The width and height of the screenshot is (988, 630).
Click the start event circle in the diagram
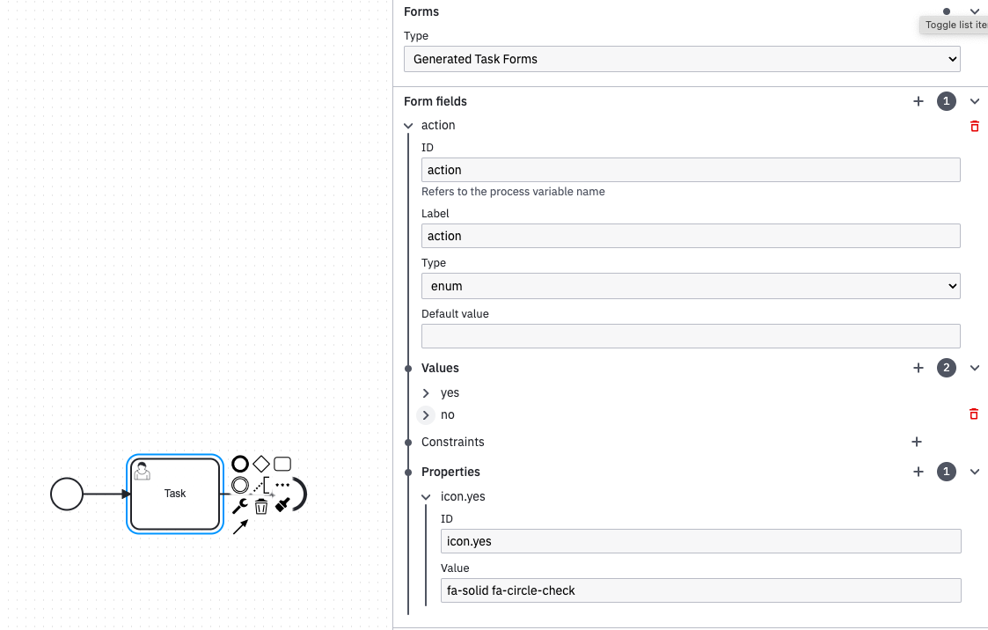tap(66, 494)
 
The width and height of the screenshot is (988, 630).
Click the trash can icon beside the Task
tap(261, 506)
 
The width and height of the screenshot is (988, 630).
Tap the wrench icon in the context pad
tap(239, 506)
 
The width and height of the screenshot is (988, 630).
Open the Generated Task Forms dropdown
tap(682, 59)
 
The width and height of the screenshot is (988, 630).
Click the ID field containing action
tap(691, 170)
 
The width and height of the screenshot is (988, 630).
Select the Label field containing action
tap(691, 236)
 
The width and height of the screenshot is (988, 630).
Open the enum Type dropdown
tap(691, 286)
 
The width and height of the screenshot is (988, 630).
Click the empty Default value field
tap(691, 336)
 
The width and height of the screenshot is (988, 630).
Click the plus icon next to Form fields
tap(918, 101)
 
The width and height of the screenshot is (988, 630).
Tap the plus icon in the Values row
tap(918, 368)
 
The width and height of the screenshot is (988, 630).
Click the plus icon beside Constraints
tap(917, 442)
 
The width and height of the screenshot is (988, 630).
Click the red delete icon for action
tap(974, 126)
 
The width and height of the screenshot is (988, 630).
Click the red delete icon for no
tap(974, 414)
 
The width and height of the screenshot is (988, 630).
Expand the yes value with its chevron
tap(427, 393)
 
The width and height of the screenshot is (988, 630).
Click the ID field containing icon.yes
tap(700, 541)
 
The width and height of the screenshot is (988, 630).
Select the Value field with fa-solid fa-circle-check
tap(700, 590)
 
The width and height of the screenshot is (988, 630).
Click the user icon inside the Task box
tap(142, 472)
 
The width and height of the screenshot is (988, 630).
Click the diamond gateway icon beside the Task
tap(261, 464)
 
